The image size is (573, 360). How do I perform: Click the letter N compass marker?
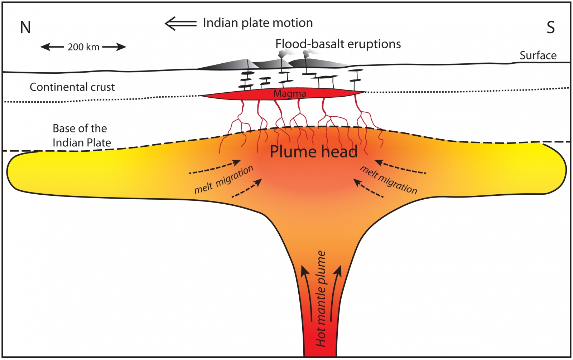click(25, 28)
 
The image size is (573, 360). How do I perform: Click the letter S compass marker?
click(550, 28)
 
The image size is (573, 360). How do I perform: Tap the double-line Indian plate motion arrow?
click(180, 23)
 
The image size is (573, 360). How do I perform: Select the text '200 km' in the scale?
click(83, 47)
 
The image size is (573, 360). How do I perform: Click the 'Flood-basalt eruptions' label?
click(338, 44)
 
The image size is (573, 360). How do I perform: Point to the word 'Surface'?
click(538, 55)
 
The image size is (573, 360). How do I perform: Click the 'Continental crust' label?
click(72, 87)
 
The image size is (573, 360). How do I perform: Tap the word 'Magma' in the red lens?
click(290, 94)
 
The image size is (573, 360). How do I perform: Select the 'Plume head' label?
click(313, 152)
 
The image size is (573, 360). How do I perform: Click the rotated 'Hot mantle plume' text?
click(321, 299)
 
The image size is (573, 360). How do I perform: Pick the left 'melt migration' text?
click(224, 180)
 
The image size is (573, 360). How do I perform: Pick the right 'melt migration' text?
click(389, 180)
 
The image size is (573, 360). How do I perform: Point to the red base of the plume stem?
click(320, 349)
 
